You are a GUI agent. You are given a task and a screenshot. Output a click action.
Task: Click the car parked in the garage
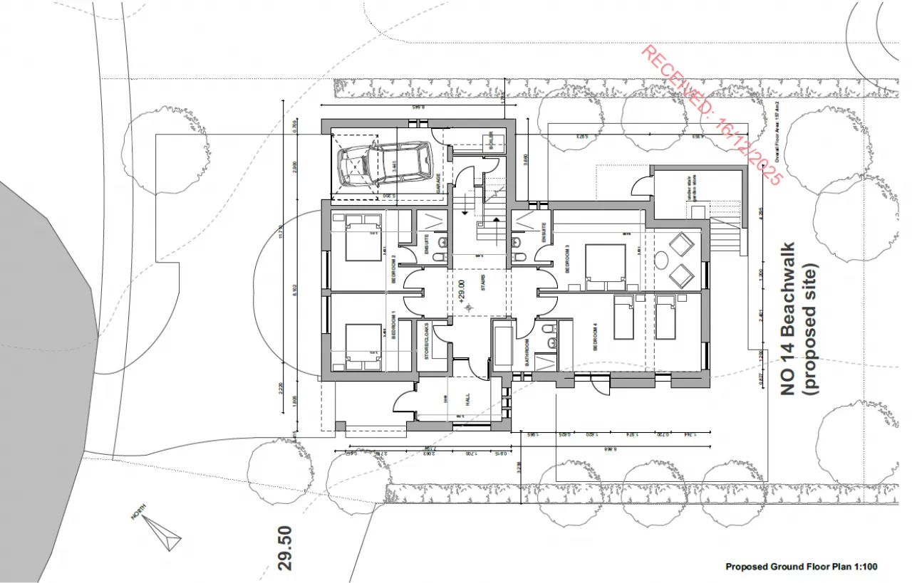click(385, 166)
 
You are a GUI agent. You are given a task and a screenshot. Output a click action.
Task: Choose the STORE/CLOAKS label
click(427, 342)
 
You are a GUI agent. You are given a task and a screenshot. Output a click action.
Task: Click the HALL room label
click(468, 402)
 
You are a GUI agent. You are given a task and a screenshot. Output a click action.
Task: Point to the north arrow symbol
click(160, 532)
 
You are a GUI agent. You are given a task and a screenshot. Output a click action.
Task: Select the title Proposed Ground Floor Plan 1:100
click(801, 567)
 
